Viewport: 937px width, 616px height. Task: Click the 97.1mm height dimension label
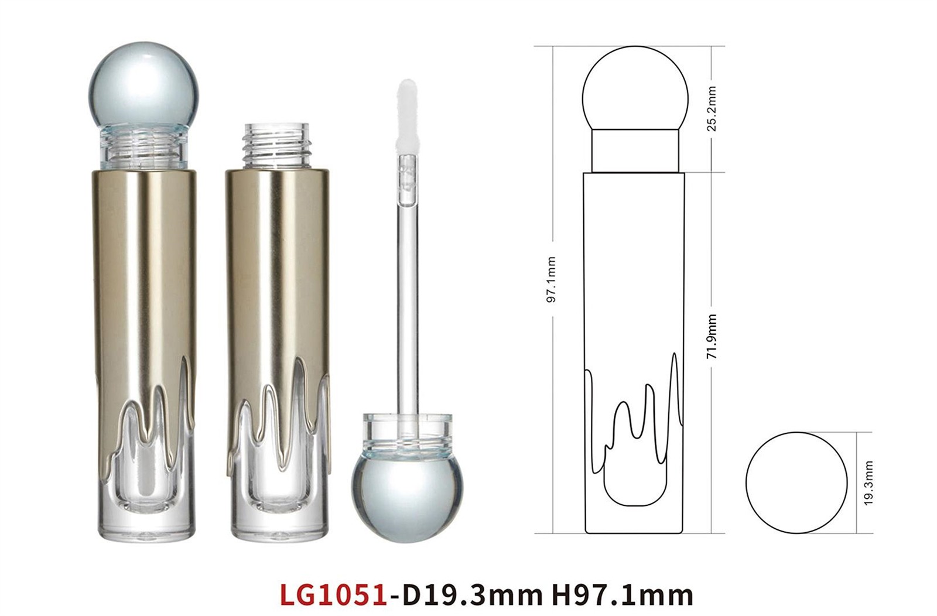552,279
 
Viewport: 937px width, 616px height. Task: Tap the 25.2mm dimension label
712,109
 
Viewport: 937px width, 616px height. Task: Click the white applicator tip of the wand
407,117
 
